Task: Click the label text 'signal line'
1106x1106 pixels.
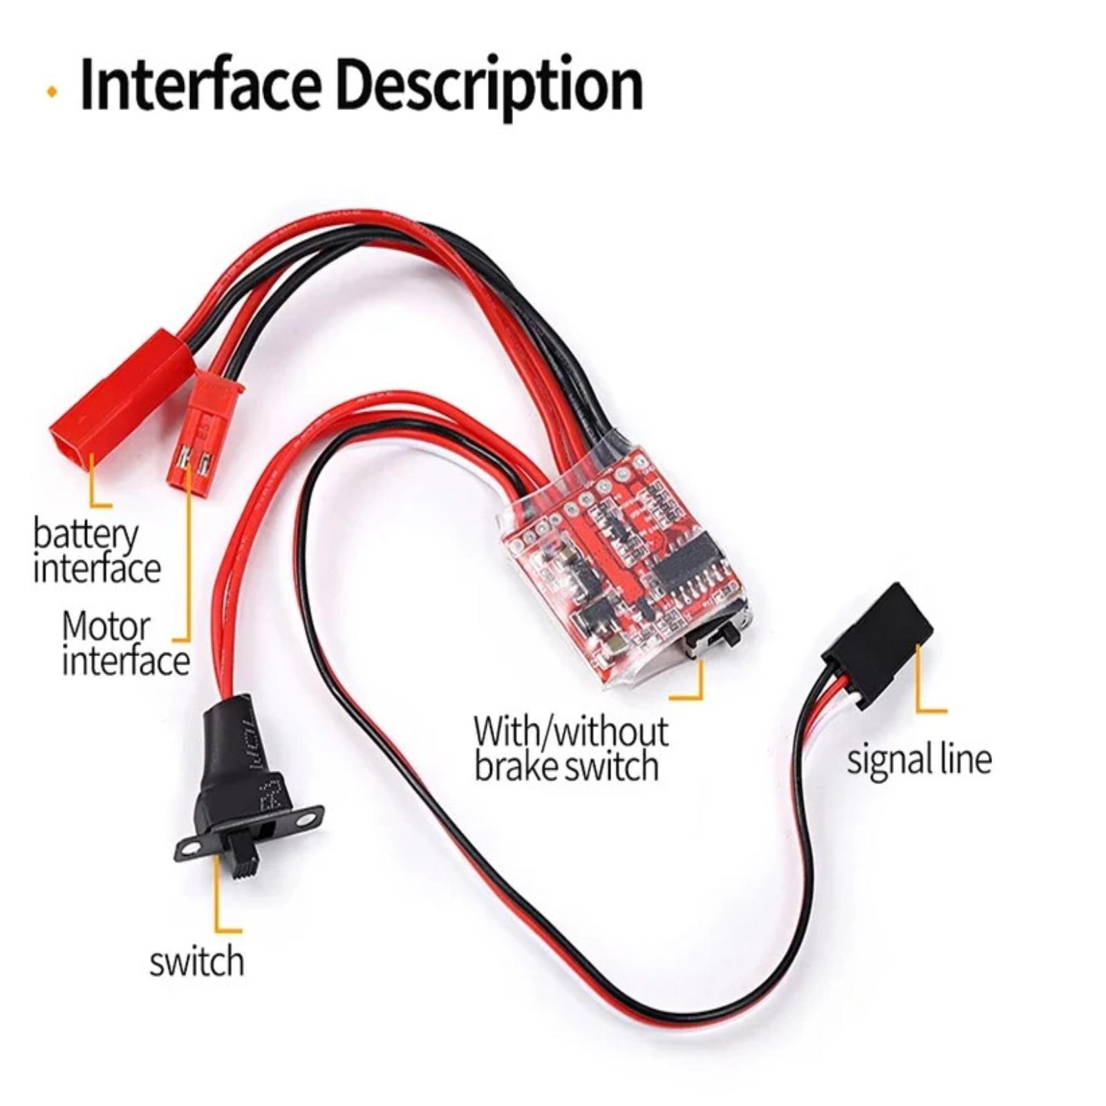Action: (919, 760)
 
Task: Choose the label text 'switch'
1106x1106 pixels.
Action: (197, 962)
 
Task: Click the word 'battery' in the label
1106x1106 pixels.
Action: (86, 536)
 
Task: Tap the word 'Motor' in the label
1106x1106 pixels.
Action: (106, 626)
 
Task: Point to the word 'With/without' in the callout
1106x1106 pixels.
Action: (571, 731)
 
